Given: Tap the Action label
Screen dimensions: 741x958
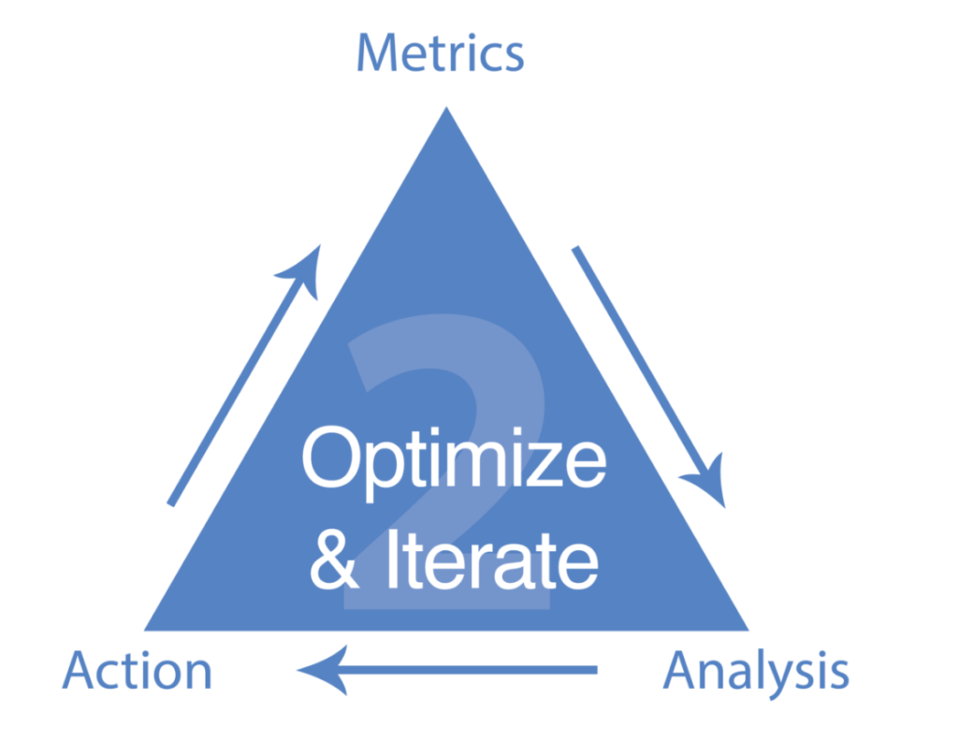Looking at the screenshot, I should click(x=138, y=672).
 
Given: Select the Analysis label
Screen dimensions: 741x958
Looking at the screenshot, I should click(x=756, y=672).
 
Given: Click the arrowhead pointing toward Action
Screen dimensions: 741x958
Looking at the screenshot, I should click(x=318, y=669).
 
